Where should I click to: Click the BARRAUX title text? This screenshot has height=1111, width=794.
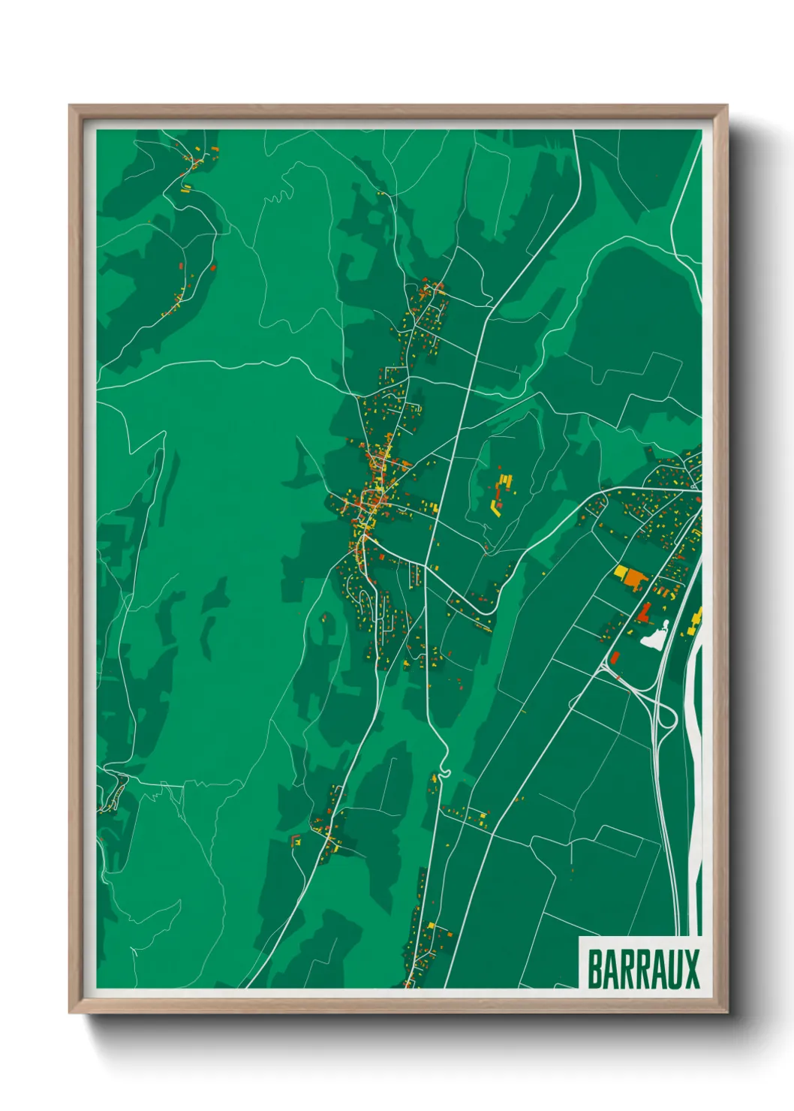click(x=642, y=969)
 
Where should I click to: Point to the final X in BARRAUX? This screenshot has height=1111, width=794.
click(x=691, y=969)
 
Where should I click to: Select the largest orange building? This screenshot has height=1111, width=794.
click(x=635, y=578)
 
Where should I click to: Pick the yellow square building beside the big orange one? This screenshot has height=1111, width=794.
click(x=621, y=573)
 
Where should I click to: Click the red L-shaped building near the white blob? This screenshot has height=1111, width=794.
click(x=643, y=612)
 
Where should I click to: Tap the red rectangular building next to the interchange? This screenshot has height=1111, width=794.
click(x=614, y=658)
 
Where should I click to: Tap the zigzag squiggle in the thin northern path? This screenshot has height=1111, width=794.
click(x=278, y=197)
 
